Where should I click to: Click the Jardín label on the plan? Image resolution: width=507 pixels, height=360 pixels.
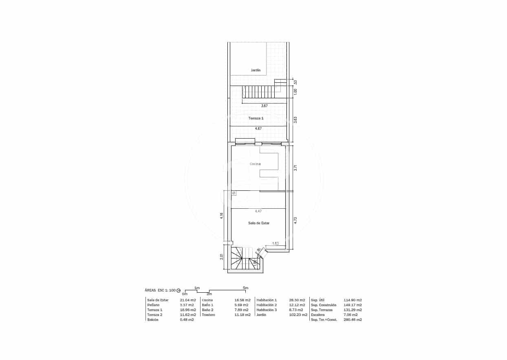[x=256, y=70]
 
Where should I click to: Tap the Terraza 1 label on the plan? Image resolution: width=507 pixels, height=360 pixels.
[x=256, y=118]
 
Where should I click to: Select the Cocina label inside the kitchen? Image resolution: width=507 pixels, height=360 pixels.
[x=255, y=164]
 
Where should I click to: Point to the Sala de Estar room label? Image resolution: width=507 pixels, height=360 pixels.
[x=259, y=223]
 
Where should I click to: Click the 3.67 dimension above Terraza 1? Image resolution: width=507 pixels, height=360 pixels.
[x=264, y=106]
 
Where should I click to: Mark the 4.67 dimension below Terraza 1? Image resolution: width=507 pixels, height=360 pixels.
[x=258, y=128]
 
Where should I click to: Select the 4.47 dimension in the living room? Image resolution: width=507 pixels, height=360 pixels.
[x=258, y=211]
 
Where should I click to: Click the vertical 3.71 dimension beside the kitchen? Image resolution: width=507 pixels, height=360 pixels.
[x=296, y=168]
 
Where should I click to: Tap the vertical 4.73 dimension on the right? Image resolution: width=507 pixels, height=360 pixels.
[x=296, y=220]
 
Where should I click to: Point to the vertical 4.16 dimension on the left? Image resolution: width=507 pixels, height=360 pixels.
[x=221, y=216]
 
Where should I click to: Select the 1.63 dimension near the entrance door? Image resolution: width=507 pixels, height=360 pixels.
[x=275, y=244]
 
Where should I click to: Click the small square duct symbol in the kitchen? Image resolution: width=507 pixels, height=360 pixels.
[x=234, y=193]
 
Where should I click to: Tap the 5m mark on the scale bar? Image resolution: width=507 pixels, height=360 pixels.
[x=245, y=288]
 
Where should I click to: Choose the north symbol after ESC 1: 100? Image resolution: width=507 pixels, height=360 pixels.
[x=179, y=291]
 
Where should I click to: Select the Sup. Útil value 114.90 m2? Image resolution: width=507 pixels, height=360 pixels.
[x=353, y=300]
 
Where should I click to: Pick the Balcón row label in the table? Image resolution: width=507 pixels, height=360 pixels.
[x=153, y=320]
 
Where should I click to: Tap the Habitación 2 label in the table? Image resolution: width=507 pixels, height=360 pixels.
[x=267, y=305]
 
